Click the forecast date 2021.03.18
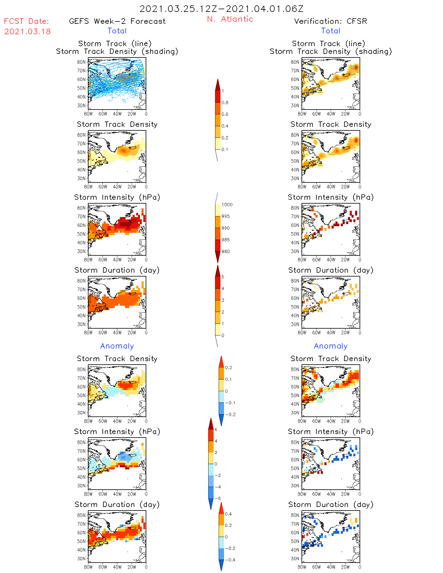(x=27, y=32)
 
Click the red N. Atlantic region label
(x=230, y=19)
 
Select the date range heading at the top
(x=221, y=9)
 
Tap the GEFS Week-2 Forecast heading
(x=117, y=21)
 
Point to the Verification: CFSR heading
(x=330, y=21)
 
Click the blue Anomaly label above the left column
(x=117, y=346)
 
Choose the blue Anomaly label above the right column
(x=331, y=346)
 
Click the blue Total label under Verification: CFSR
(x=331, y=31)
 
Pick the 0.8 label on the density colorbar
(x=225, y=103)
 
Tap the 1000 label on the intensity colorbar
(x=227, y=205)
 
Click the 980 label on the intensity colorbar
(x=226, y=252)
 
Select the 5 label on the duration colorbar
(x=223, y=277)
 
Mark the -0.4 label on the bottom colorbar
(x=230, y=560)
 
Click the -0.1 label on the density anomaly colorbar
(x=230, y=403)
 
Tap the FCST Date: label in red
(x=27, y=21)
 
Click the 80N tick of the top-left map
(x=81, y=62)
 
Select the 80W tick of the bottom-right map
(x=302, y=567)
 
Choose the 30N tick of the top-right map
(x=295, y=105)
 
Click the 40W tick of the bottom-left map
(x=117, y=567)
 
